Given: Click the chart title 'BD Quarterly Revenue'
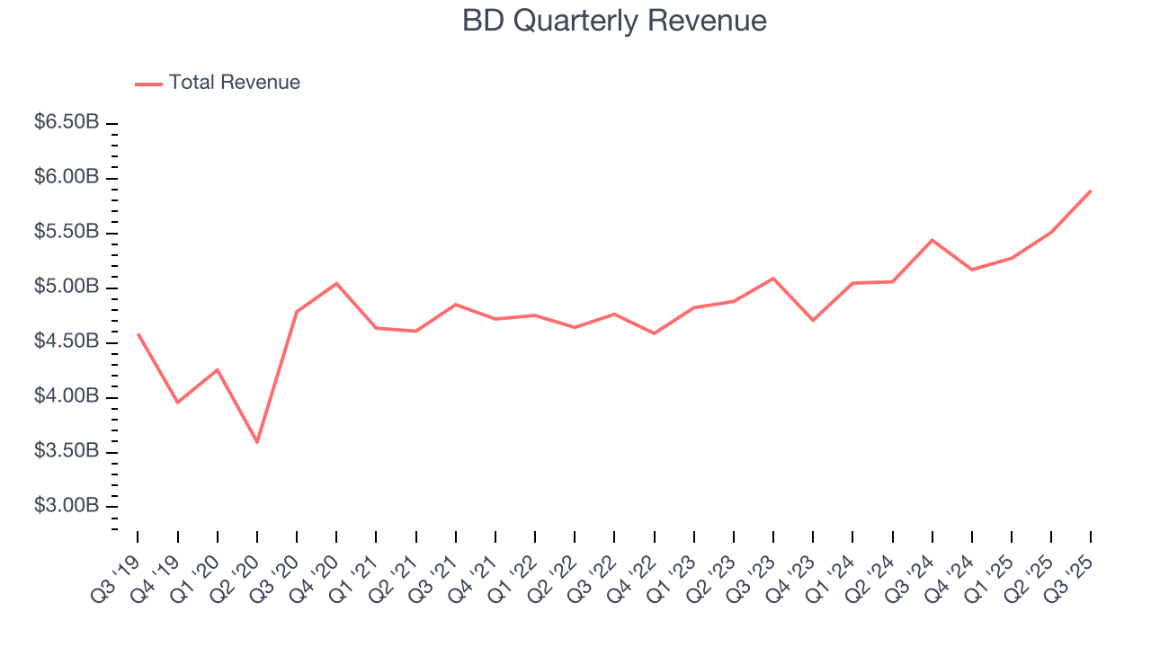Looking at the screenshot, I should click(x=614, y=21).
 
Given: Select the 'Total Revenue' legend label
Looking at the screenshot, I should click(x=234, y=83).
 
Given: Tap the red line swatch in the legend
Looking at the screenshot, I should click(x=148, y=84).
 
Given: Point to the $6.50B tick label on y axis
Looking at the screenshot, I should click(x=67, y=122).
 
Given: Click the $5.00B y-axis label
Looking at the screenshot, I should click(x=67, y=287).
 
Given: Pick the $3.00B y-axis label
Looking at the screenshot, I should click(x=67, y=506).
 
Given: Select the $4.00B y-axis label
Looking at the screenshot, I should click(x=67, y=396).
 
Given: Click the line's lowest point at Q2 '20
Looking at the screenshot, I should click(x=257, y=442).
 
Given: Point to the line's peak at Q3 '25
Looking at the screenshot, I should click(x=1091, y=191).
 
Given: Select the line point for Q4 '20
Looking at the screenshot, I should click(x=336, y=283).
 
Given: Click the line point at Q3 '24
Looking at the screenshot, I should click(x=932, y=240).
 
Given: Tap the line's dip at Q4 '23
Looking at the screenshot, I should click(x=813, y=320).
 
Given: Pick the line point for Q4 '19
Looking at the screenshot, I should click(x=177, y=402).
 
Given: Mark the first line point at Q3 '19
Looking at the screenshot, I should click(x=138, y=333).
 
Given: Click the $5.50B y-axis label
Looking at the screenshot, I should click(x=67, y=232).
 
